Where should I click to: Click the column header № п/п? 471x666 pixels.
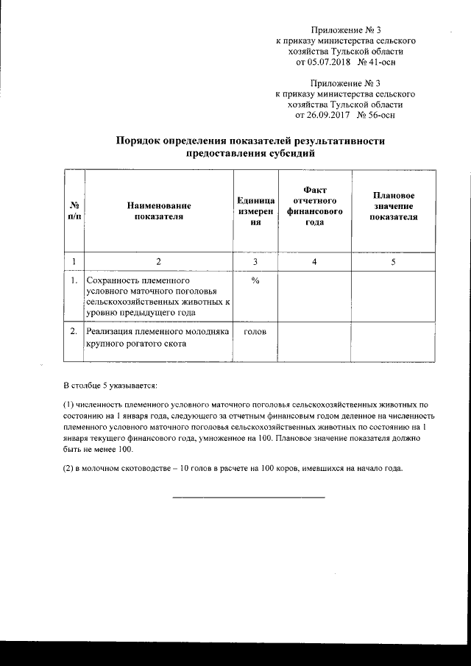tap(74, 213)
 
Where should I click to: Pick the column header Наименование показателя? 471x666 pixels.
tap(158, 213)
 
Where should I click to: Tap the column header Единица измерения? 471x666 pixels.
tap(255, 213)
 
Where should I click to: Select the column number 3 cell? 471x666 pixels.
tap(255, 262)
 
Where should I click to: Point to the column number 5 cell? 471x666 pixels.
tap(393, 262)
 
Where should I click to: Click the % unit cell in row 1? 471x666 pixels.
tap(255, 282)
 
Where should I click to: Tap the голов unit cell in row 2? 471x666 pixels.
tap(255, 332)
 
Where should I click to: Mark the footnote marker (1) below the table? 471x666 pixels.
tap(70, 405)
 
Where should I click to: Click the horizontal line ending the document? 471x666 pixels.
tap(248, 498)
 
